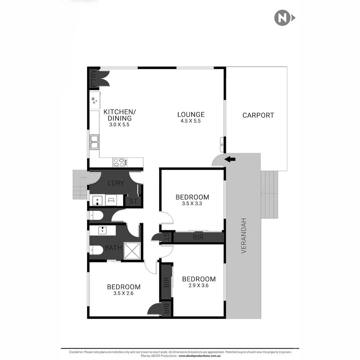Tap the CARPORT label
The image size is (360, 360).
click(258, 115)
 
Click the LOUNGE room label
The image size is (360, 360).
click(191, 115)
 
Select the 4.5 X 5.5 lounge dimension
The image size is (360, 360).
click(191, 121)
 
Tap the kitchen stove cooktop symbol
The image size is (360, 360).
click(119, 162)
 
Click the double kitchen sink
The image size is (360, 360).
click(94, 142)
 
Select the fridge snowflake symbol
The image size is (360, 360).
click(95, 100)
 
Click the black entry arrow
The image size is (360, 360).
click(230, 159)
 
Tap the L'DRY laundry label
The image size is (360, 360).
click(116, 183)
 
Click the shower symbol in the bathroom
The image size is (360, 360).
click(132, 251)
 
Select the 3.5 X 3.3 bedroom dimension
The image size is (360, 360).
click(192, 203)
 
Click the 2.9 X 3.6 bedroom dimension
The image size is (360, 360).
click(199, 285)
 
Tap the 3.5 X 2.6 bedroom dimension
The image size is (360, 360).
click(123, 293)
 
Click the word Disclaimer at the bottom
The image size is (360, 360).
click(76, 352)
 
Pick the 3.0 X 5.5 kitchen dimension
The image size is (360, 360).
click(119, 125)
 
